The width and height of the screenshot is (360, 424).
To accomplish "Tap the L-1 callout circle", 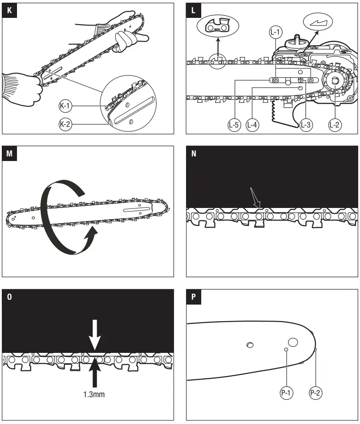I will pyautogui.click(x=275, y=32).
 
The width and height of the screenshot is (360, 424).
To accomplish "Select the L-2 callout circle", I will pyautogui.click(x=335, y=125).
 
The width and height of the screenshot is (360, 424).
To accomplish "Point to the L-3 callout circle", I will pyautogui.click(x=306, y=125).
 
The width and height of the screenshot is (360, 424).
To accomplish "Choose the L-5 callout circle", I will pyautogui.click(x=234, y=125).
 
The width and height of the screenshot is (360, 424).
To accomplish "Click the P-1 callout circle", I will pyautogui.click(x=286, y=393).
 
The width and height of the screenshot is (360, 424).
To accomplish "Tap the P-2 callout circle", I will pyautogui.click(x=316, y=393).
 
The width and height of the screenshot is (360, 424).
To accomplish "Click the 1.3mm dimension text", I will pyautogui.click(x=94, y=394).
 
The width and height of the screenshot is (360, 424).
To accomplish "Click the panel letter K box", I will pyautogui.click(x=9, y=10).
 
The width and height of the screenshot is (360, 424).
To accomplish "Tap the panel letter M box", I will pyautogui.click(x=9, y=153).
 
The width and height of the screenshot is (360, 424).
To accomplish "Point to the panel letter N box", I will pyautogui.click(x=194, y=153).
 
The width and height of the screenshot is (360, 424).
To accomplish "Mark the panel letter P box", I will pyautogui.click(x=194, y=297).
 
